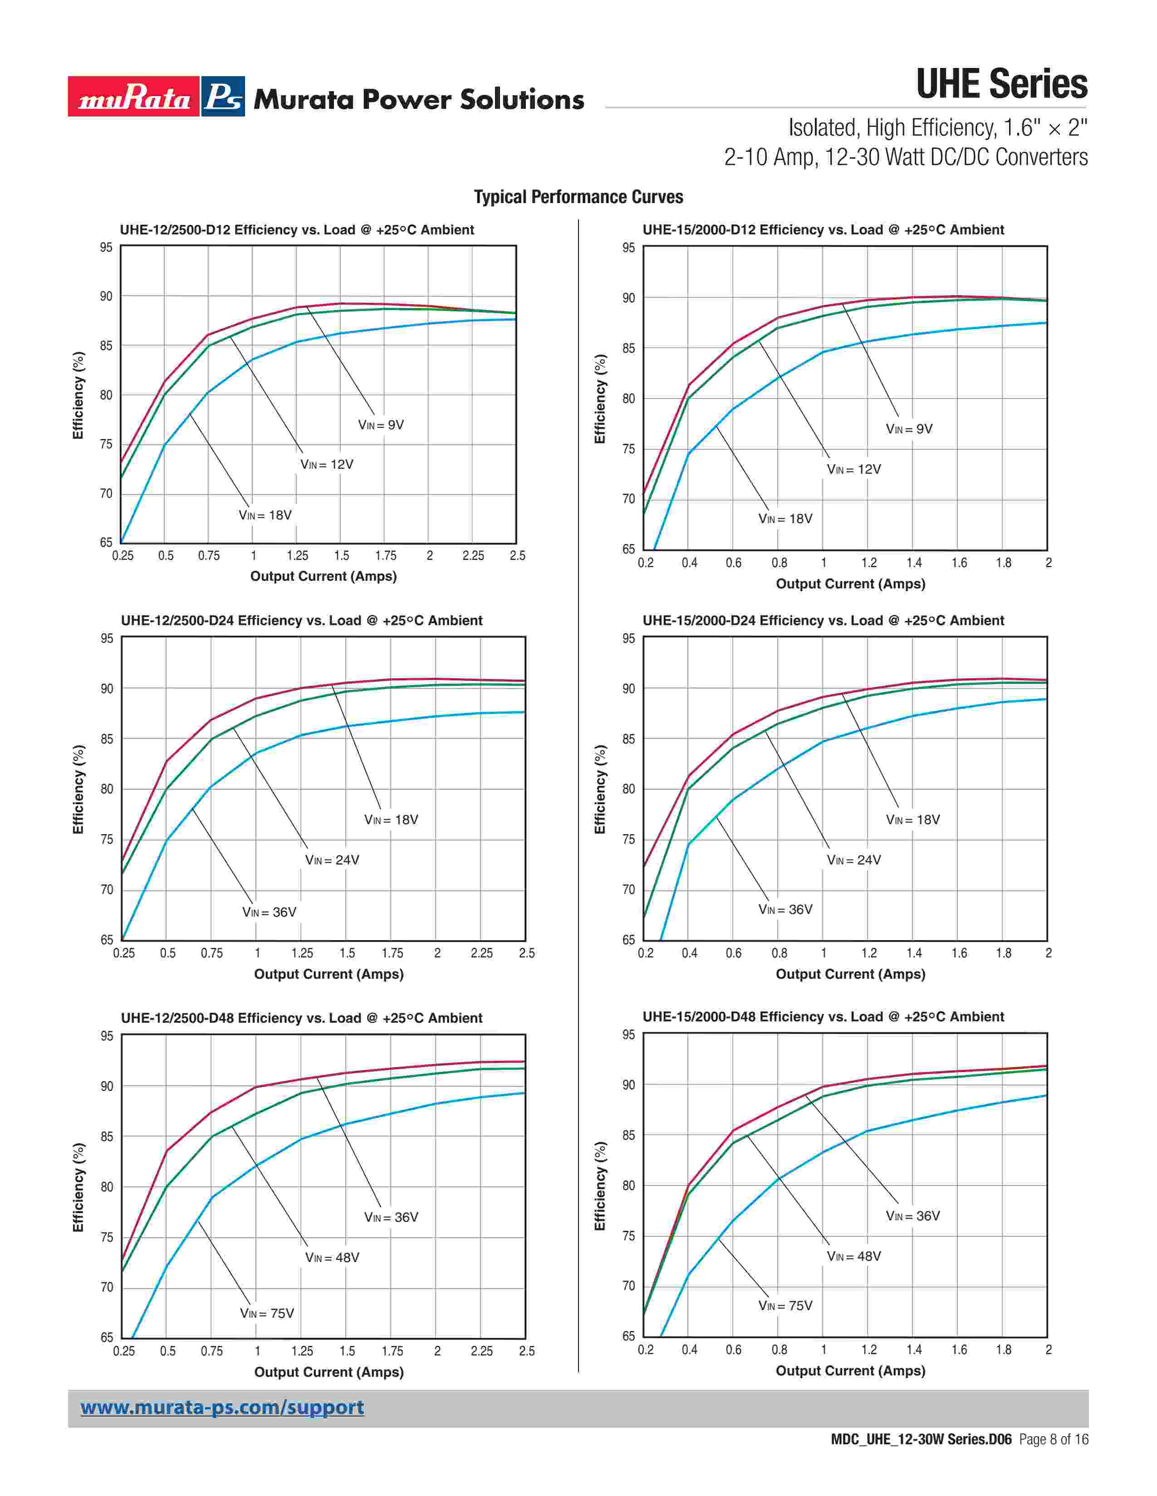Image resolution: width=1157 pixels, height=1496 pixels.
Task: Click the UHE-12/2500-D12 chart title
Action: point(297,230)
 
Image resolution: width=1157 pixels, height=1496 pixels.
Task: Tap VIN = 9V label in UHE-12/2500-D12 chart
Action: point(381,425)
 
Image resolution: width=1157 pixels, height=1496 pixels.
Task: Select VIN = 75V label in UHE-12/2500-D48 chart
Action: point(267,1313)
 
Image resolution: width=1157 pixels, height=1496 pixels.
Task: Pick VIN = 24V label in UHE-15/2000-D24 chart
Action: point(853,860)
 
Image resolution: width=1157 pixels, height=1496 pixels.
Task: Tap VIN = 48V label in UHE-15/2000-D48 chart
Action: point(853,1256)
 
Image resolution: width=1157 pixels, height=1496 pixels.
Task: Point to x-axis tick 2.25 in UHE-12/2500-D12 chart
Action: point(473,555)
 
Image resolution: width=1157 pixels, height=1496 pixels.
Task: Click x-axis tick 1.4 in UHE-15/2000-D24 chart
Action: point(914,953)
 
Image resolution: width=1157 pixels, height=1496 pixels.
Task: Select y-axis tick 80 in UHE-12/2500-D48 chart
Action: point(107,1187)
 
